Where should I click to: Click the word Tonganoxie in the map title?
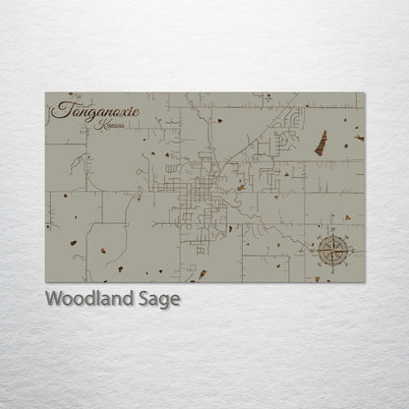pos(98,111)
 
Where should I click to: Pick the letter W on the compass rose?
pos(311,250)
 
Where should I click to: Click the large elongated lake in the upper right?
pos(321,143)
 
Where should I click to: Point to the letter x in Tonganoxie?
pos(125,111)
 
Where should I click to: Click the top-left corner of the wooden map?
pos(45,93)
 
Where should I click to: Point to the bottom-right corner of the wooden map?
pos(365,282)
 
